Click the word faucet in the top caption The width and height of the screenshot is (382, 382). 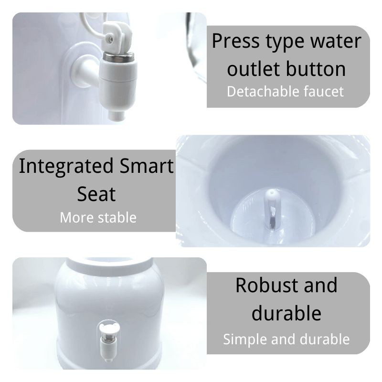pyautogui.click(x=324, y=91)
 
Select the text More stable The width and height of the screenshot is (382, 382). pyautogui.click(x=98, y=218)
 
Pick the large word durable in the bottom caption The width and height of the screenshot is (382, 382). pyautogui.click(x=286, y=313)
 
